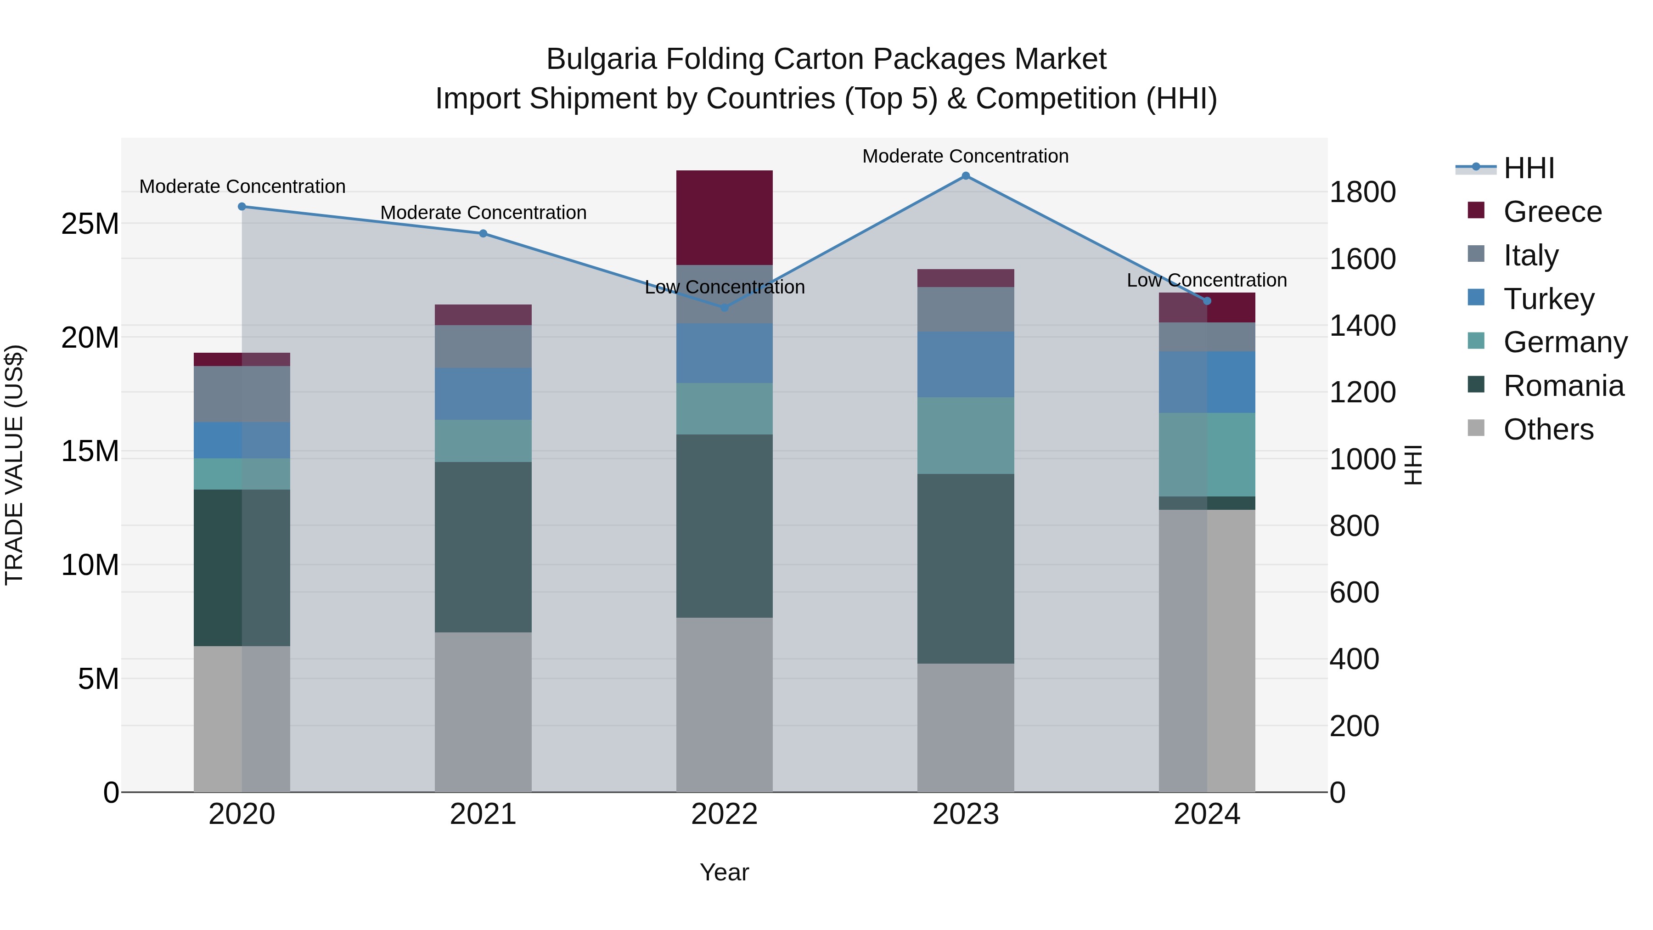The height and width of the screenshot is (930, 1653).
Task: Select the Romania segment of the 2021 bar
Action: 483,547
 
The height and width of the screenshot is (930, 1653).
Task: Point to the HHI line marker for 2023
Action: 965,176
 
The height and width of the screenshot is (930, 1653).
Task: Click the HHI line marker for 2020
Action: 242,207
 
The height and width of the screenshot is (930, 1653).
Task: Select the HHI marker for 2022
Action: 725,307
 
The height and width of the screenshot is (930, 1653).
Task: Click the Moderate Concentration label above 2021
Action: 483,213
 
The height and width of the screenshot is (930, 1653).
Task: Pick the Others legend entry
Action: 1548,429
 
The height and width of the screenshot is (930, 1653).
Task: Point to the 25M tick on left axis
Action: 90,224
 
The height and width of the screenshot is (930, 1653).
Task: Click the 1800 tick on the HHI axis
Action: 1362,192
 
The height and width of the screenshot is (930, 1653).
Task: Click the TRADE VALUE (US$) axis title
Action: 14,465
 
